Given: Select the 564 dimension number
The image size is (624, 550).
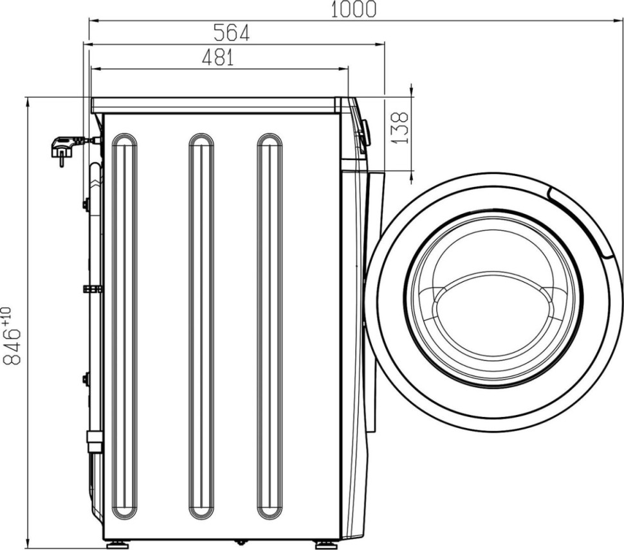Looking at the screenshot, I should click(x=231, y=33).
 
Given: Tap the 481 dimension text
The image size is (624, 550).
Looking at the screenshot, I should click(x=217, y=58).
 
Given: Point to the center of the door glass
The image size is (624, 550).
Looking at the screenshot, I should click(x=493, y=301).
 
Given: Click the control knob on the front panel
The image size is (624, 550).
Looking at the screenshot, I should click(x=365, y=133).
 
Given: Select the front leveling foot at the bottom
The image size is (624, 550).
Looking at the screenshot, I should click(x=326, y=544).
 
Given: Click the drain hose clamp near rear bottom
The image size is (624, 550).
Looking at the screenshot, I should click(x=95, y=442).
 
